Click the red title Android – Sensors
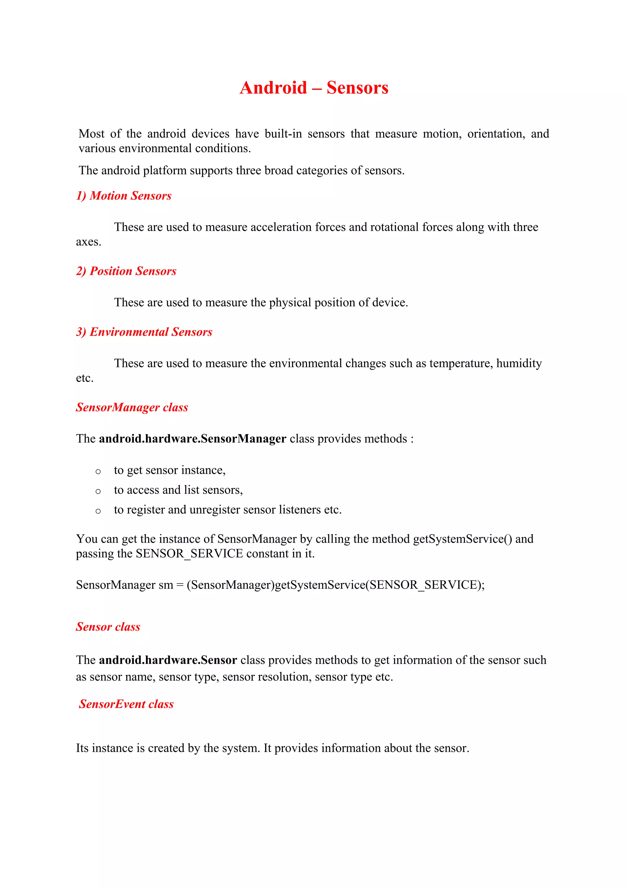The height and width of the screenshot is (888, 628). click(314, 88)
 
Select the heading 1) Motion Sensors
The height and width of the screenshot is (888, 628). click(124, 196)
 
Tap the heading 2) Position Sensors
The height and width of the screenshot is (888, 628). click(126, 271)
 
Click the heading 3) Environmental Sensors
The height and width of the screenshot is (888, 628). click(144, 332)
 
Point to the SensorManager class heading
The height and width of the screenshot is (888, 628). click(132, 407)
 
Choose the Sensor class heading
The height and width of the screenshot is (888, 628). click(108, 626)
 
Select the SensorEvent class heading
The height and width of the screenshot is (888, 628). click(126, 704)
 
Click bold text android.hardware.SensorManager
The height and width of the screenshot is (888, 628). click(193, 438)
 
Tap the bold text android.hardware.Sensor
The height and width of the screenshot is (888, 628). click(168, 660)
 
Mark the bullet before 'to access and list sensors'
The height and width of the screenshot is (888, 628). click(98, 491)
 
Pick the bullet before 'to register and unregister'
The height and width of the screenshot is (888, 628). click(98, 511)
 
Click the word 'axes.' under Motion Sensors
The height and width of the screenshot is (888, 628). click(89, 242)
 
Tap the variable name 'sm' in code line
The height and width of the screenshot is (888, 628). click(166, 585)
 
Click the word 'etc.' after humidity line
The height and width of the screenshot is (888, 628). click(85, 378)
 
